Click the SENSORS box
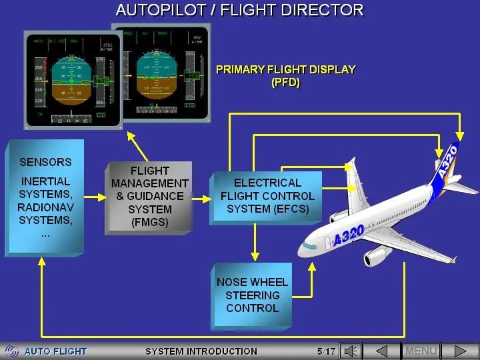click(45, 197)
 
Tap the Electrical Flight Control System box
click(267, 196)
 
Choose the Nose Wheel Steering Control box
click(252, 295)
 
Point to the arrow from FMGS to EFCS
click(200, 198)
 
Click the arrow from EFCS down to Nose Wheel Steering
click(253, 243)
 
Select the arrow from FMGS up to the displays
click(137, 147)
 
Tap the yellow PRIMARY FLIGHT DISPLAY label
click(285, 75)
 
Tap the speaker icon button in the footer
click(351, 351)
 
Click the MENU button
click(421, 351)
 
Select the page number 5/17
click(327, 351)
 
